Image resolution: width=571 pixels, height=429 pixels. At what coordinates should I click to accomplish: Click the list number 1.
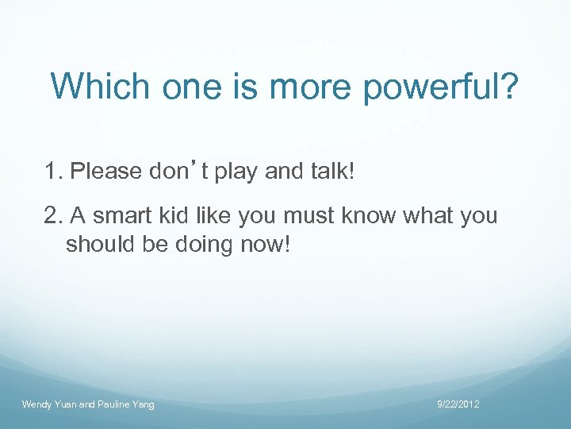click(53, 171)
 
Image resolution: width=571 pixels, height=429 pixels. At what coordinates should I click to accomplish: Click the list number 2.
click(53, 215)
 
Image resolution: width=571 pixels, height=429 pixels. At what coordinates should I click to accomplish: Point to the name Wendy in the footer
click(37, 405)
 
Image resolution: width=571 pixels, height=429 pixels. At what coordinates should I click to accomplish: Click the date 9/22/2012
click(458, 405)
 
